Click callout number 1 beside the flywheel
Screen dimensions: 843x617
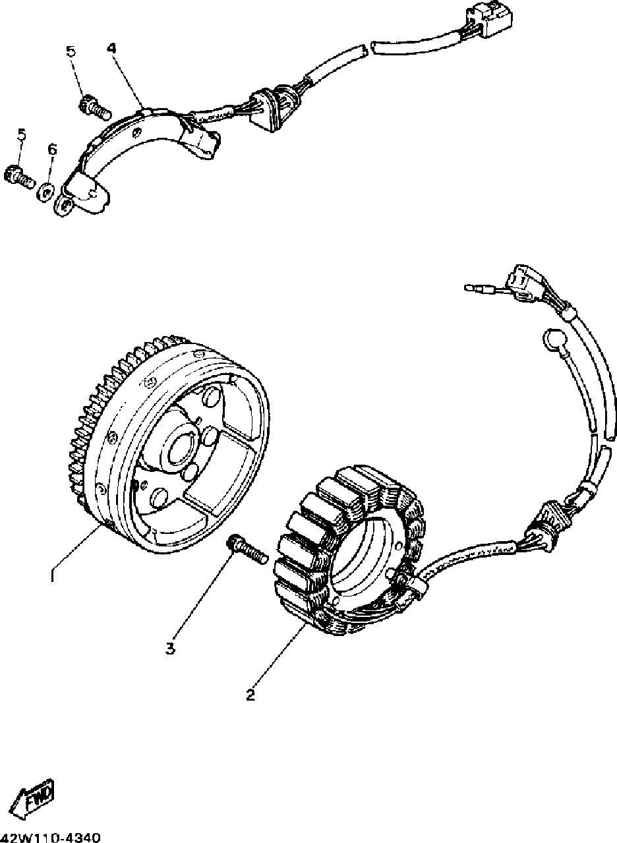point(52,575)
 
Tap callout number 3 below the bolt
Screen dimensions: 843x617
point(170,649)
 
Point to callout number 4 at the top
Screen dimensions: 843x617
point(111,48)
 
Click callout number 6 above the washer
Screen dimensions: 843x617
point(52,150)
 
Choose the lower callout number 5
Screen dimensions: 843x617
point(22,134)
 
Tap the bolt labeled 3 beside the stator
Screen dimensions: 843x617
point(246,548)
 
